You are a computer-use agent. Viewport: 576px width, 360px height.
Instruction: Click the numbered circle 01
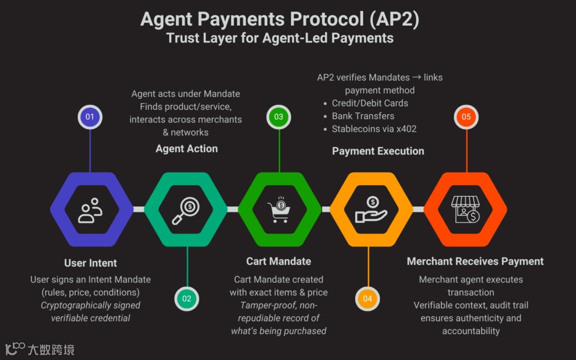point(90,117)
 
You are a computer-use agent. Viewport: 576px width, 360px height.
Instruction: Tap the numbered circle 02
point(187,299)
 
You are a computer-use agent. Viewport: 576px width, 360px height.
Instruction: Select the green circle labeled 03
point(279,117)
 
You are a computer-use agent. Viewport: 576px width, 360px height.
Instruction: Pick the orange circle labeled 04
point(367,299)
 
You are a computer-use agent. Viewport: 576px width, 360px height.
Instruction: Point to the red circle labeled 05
point(467,117)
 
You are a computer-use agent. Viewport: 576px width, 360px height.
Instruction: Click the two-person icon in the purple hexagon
point(91,210)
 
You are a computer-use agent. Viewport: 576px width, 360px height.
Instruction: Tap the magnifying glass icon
point(186,210)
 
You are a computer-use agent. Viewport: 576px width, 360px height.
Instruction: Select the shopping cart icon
point(279,210)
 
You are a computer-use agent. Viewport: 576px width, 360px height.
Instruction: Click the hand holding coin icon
point(372,210)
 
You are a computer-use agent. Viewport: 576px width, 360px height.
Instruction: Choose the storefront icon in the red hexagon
point(465,209)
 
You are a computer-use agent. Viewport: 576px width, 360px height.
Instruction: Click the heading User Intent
point(91,263)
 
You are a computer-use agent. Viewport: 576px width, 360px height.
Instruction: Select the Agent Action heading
point(187,149)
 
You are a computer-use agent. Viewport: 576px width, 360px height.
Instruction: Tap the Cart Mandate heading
point(278,261)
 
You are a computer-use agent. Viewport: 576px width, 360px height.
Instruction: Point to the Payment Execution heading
point(378,151)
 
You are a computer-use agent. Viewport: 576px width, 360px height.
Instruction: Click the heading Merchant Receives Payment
point(475,261)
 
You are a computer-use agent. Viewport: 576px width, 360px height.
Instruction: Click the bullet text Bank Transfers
point(363,116)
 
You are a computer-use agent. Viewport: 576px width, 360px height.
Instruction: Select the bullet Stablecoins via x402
point(374,129)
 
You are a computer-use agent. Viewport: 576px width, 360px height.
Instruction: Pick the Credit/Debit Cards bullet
point(370,103)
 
